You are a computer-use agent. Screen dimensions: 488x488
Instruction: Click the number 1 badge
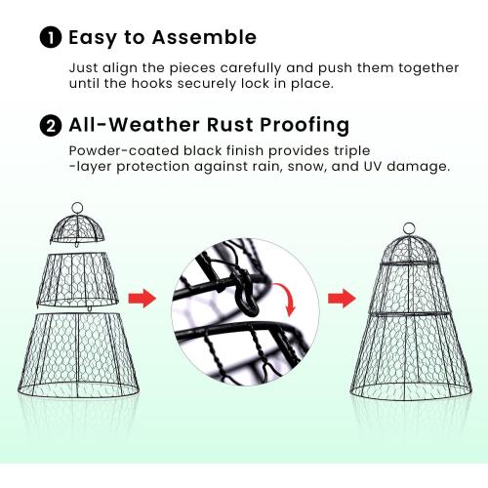click(50, 38)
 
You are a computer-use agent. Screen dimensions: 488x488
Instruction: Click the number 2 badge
click(50, 125)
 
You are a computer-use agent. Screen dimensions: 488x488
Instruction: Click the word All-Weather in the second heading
click(132, 125)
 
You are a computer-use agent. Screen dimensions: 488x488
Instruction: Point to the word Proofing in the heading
click(302, 125)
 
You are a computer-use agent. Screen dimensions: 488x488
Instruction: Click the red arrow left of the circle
click(142, 298)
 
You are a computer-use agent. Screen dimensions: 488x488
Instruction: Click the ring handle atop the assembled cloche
click(409, 230)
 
